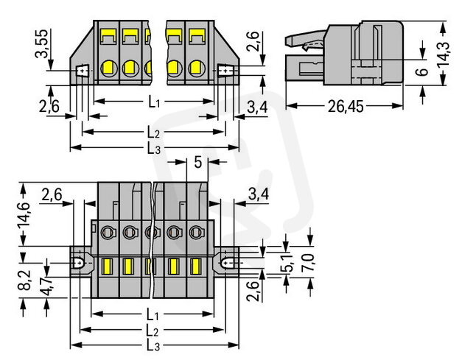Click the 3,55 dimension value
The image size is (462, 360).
[x=41, y=43]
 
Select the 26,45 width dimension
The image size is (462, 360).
[x=346, y=106]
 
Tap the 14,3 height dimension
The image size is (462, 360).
[x=444, y=54]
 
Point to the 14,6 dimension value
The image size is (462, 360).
[x=24, y=216]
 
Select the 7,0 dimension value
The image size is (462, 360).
[x=308, y=263]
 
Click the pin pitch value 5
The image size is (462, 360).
[x=197, y=162]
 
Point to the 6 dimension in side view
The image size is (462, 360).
[x=423, y=71]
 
